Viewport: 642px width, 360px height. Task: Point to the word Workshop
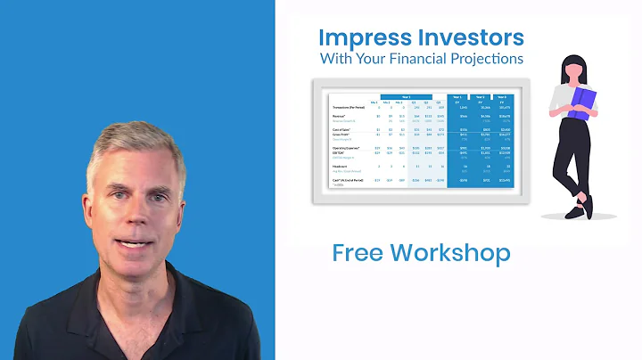click(x=454, y=252)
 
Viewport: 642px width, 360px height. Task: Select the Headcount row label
click(x=341, y=166)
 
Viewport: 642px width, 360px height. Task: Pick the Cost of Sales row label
click(x=341, y=128)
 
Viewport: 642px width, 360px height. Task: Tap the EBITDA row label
click(x=338, y=152)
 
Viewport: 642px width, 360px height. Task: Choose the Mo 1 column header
click(x=374, y=101)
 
